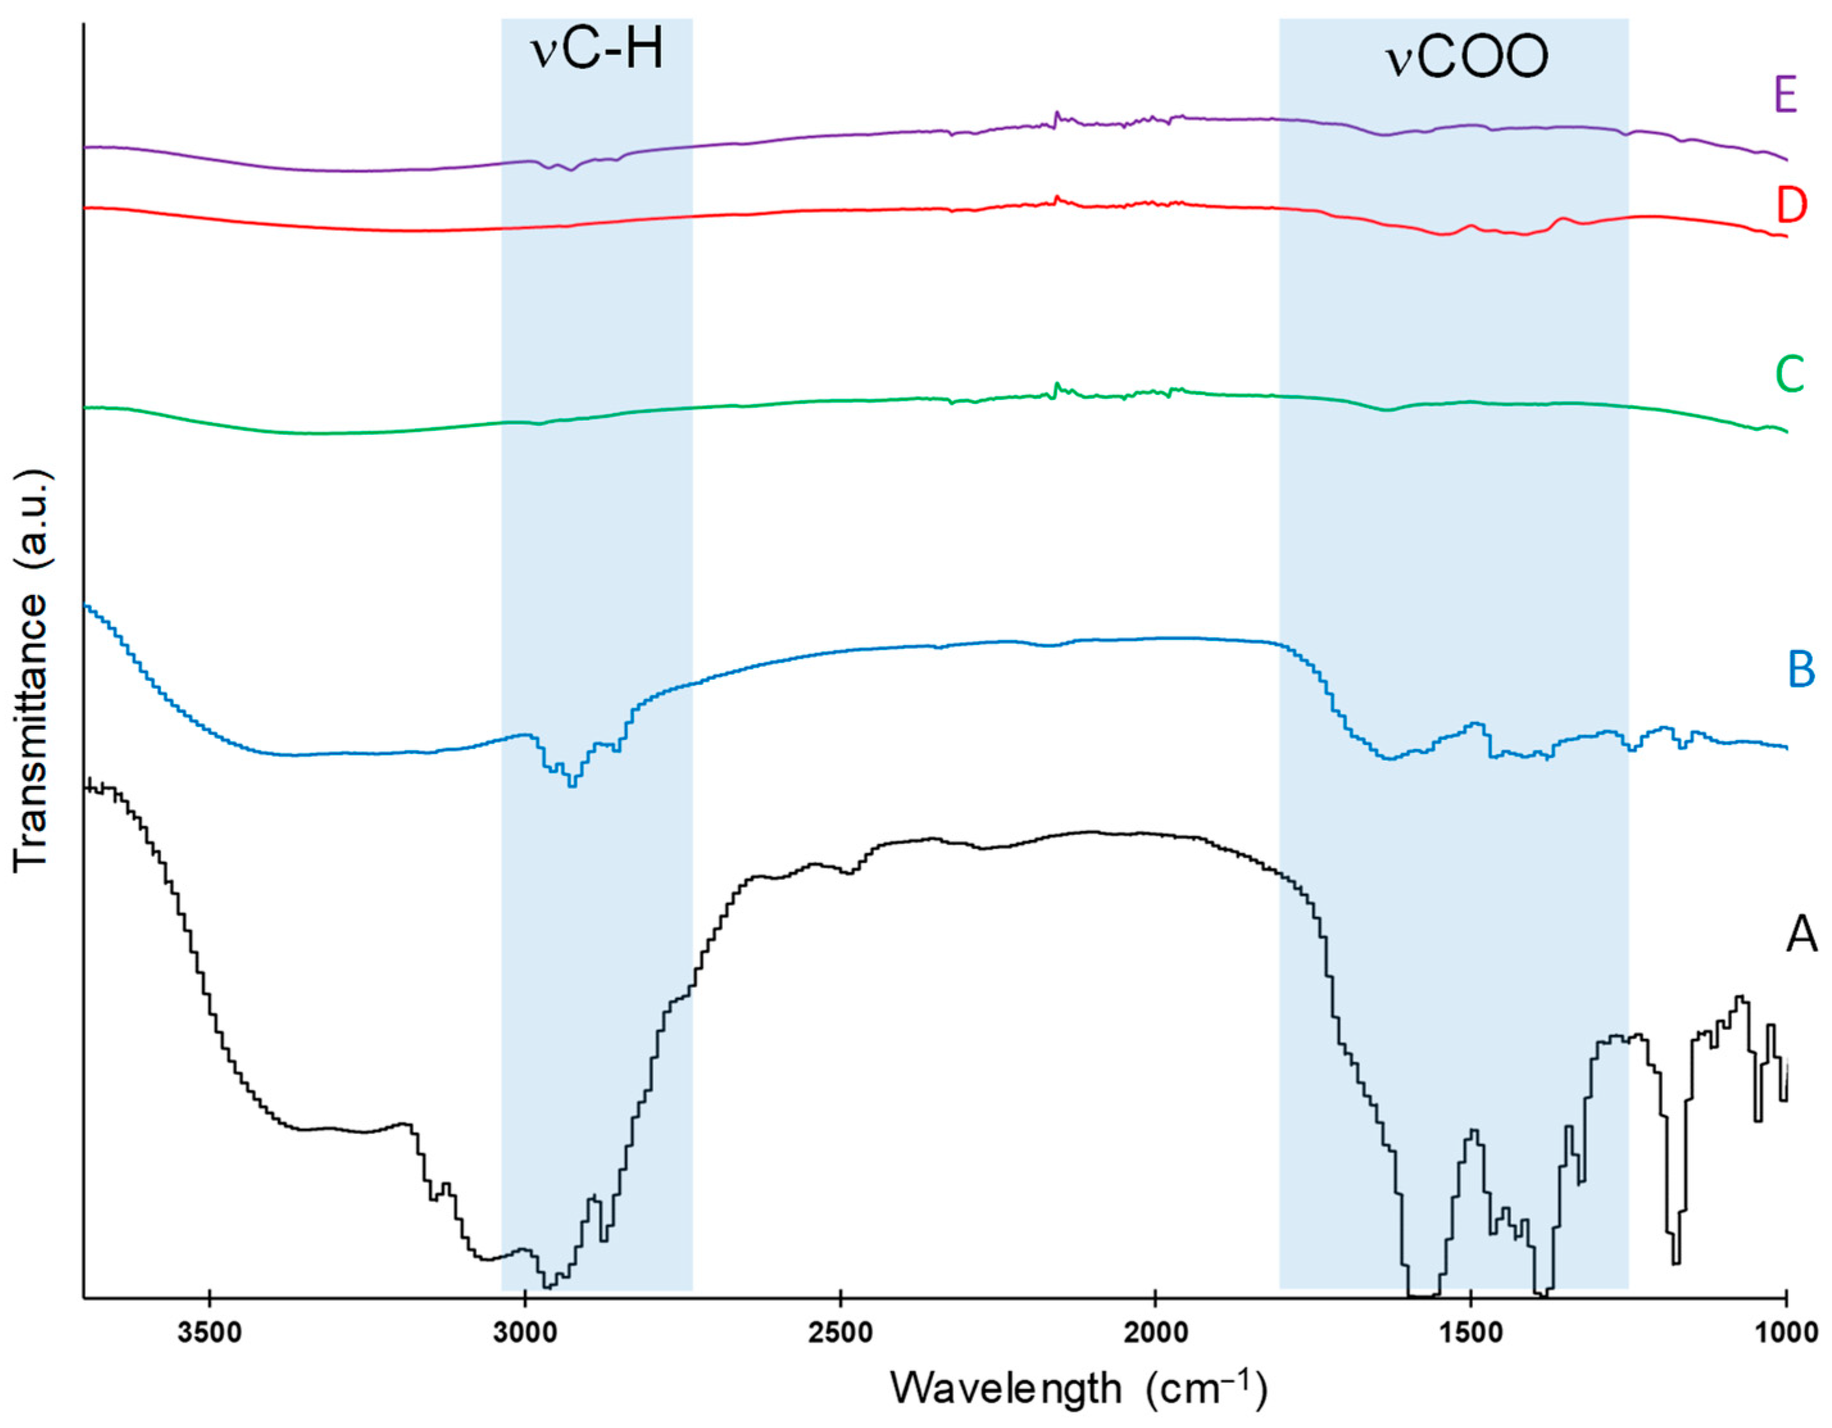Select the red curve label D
[1790, 206]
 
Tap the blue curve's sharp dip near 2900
[572, 784]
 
